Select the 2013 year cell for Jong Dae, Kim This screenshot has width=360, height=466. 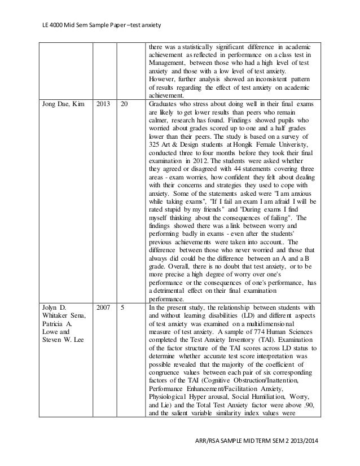(x=103, y=104)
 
